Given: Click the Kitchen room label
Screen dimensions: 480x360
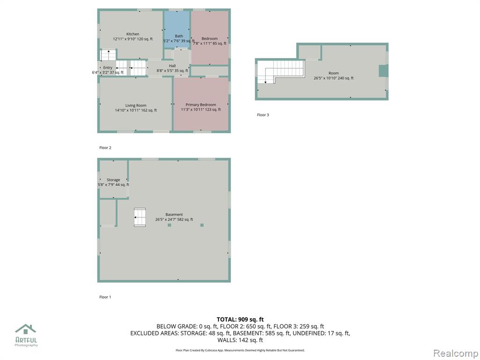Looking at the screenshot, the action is click(133, 34).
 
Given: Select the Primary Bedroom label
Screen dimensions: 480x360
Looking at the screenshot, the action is click(201, 105).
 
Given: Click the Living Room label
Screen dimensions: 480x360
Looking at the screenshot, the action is click(135, 105).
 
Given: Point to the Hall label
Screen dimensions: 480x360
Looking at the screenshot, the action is click(172, 66).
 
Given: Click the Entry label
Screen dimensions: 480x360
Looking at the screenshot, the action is click(108, 67).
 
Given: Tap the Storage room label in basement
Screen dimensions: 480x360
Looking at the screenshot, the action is click(113, 180).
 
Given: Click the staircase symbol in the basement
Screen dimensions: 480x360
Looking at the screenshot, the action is click(140, 217).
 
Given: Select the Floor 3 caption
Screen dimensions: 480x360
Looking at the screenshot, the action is click(263, 115).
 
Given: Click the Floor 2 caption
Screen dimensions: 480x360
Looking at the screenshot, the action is click(105, 148).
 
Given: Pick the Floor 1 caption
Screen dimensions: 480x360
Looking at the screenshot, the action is click(105, 297).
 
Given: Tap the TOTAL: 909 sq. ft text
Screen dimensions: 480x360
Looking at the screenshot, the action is click(240, 320).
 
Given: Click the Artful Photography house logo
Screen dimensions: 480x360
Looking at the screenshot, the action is click(26, 330).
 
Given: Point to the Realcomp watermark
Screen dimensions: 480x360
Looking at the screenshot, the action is click(456, 353).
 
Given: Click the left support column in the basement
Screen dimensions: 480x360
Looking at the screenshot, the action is click(170, 225).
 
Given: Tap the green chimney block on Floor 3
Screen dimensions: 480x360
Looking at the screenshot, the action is click(383, 71).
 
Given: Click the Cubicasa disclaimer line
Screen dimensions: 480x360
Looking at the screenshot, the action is click(240, 350).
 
